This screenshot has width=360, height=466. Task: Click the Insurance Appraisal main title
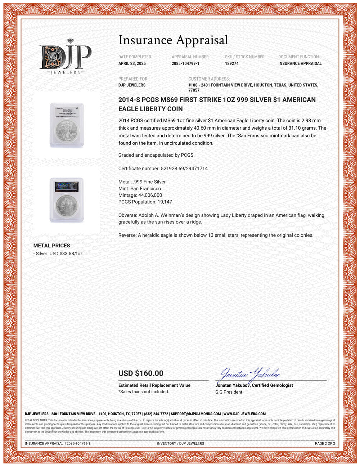tap(173, 40)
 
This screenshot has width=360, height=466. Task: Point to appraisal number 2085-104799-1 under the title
tap(185, 63)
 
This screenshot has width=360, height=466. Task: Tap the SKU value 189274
tap(231, 63)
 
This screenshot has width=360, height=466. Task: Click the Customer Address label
tap(209, 79)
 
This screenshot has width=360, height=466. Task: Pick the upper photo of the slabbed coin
tap(67, 125)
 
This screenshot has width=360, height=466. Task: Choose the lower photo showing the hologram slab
tap(67, 200)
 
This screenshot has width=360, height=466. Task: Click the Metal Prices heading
tap(51, 246)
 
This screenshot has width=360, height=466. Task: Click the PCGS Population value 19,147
tap(165, 202)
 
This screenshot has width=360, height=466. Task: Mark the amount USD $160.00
tap(141, 373)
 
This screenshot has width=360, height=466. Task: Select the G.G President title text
tap(229, 392)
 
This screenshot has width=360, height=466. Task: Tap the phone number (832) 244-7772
tap(156, 414)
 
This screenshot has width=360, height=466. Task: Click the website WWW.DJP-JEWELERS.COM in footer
tap(244, 414)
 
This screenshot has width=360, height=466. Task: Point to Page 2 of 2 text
tap(325, 444)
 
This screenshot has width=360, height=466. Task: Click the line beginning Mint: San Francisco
tap(140, 189)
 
